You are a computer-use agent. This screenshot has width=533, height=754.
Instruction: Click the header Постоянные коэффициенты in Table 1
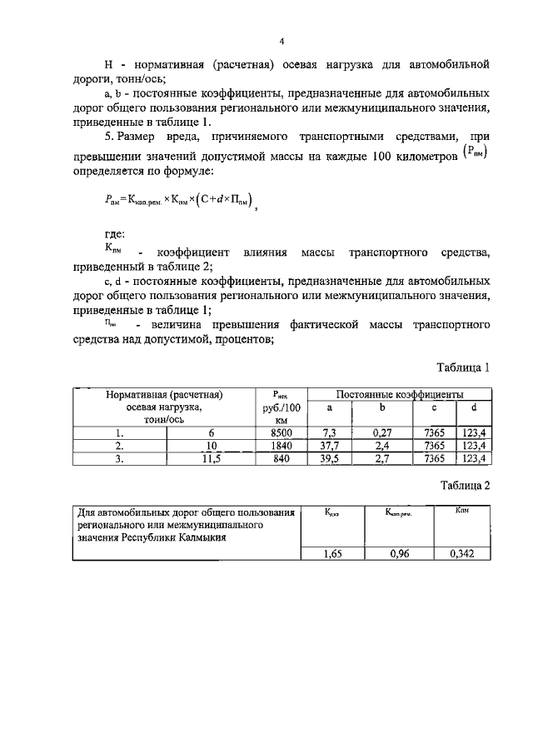(400, 393)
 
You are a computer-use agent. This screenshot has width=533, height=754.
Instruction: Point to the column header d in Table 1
(474, 407)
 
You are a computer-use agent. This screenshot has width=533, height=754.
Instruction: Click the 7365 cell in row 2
(435, 445)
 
